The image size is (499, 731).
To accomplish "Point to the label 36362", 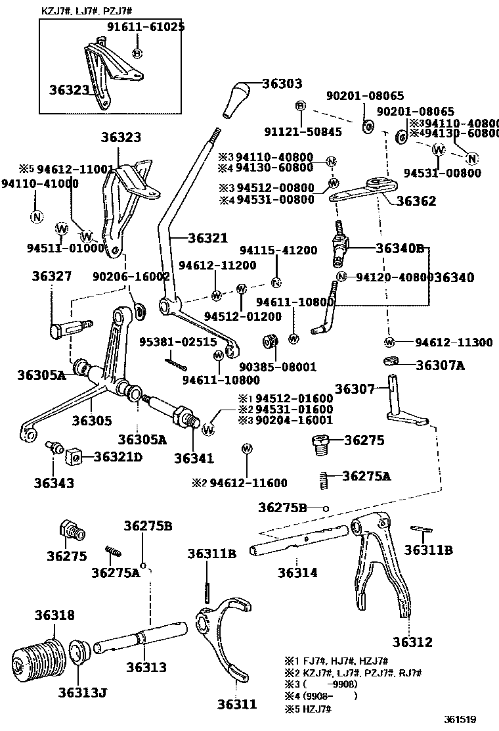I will click(416, 201).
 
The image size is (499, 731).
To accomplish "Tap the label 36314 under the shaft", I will click(297, 573).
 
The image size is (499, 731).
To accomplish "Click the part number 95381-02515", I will click(177, 342).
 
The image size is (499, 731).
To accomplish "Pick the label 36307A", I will click(440, 365).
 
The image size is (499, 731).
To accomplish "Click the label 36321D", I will click(118, 456).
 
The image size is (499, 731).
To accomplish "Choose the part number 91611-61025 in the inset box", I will click(146, 27).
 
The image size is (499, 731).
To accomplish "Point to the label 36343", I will click(54, 483).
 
